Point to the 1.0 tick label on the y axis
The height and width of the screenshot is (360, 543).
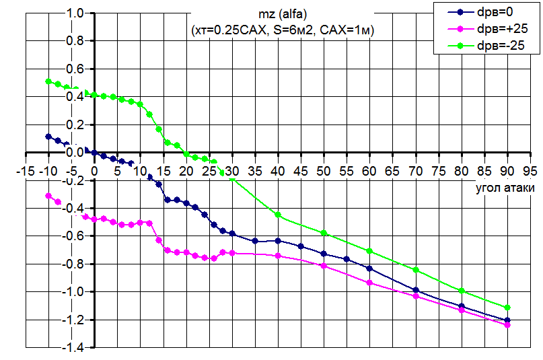coord(75,13)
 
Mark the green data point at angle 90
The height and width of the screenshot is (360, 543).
coord(507,308)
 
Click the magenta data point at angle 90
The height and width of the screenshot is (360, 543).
coord(507,325)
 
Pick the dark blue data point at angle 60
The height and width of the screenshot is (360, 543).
coord(369,268)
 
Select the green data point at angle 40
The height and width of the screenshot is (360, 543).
coord(278,215)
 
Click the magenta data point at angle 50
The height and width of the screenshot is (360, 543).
coord(324,266)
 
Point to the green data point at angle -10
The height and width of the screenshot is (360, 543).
coord(48,81)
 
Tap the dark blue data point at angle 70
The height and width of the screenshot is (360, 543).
coord(416,290)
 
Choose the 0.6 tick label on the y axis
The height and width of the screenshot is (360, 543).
coord(75,69)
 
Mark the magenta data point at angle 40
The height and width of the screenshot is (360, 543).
coord(278,256)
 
